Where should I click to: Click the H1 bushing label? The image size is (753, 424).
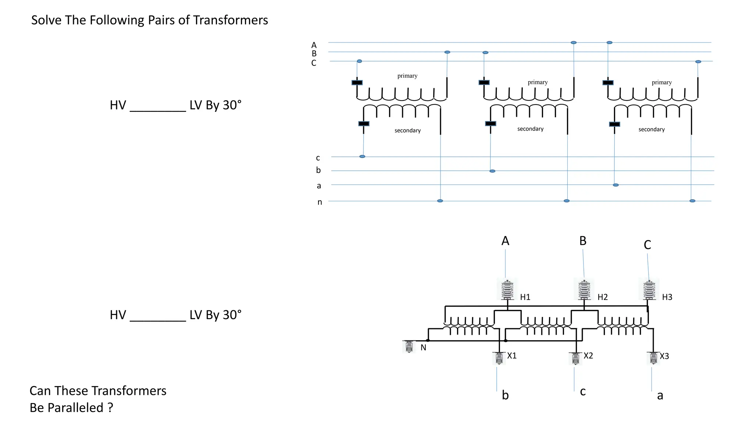click(x=525, y=297)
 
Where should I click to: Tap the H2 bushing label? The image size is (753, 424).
click(x=603, y=297)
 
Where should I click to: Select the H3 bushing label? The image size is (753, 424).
click(x=667, y=297)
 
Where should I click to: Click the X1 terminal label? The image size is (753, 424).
click(x=512, y=356)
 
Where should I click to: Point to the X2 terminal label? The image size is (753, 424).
click(x=588, y=356)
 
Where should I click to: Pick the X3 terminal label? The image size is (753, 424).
click(x=664, y=356)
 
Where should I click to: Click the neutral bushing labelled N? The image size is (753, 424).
click(x=409, y=347)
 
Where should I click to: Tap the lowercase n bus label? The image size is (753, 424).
click(x=320, y=202)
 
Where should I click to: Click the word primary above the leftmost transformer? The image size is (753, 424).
click(x=407, y=76)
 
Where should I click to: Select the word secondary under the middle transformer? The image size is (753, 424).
click(x=530, y=129)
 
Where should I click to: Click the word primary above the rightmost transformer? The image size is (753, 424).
click(x=661, y=82)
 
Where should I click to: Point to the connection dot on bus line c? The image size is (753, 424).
click(x=362, y=157)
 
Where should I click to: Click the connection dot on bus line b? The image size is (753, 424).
click(x=492, y=171)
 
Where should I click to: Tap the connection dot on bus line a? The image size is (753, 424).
click(x=616, y=185)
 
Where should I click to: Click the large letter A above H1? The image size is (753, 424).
click(x=505, y=241)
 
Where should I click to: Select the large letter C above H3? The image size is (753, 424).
click(x=647, y=245)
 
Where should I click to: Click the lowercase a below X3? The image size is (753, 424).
click(x=660, y=396)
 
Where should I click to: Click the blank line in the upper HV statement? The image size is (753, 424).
click(x=158, y=110)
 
